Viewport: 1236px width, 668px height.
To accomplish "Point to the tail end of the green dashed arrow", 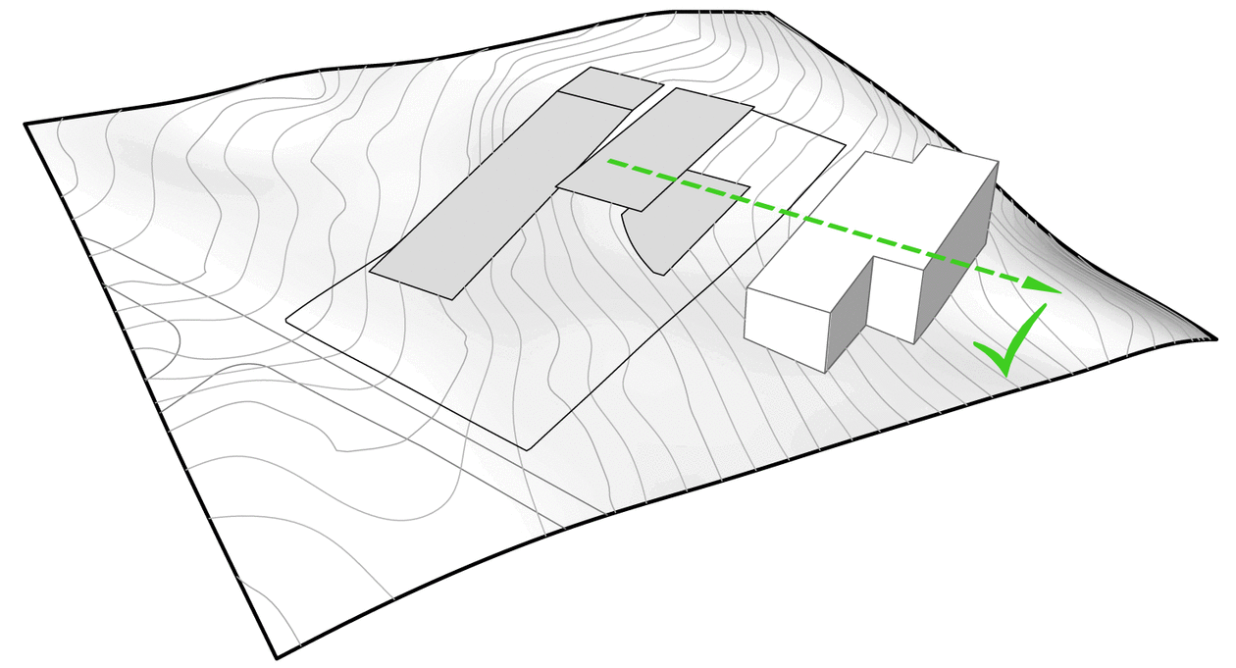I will tap(610, 160).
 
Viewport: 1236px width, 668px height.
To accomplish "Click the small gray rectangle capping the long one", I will tap(610, 87).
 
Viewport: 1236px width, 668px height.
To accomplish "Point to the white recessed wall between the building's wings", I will tap(893, 298).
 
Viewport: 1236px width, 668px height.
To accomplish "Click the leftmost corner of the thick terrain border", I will tap(26, 124).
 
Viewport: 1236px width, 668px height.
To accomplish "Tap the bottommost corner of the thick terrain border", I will tap(278, 656).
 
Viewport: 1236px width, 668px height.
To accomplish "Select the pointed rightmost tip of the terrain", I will tap(1215, 338).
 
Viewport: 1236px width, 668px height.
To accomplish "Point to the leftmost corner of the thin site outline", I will tap(286, 320).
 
